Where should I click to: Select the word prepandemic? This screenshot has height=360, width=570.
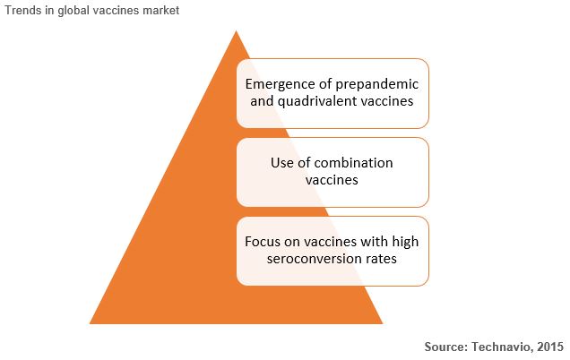(376, 85)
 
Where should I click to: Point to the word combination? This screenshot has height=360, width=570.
(353, 163)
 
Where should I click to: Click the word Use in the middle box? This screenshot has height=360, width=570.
(282, 163)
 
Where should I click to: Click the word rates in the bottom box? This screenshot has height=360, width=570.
(379, 259)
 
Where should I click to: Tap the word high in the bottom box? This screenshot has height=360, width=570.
(405, 243)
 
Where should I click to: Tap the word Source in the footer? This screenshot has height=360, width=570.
(446, 347)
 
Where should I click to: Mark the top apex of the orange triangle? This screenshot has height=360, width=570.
(237, 30)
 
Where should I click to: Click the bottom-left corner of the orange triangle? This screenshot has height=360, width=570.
(90, 323)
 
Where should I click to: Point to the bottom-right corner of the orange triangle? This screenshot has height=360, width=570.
(383, 323)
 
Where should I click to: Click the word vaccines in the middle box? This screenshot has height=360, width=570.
(332, 180)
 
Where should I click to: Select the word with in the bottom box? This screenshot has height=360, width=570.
(374, 242)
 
